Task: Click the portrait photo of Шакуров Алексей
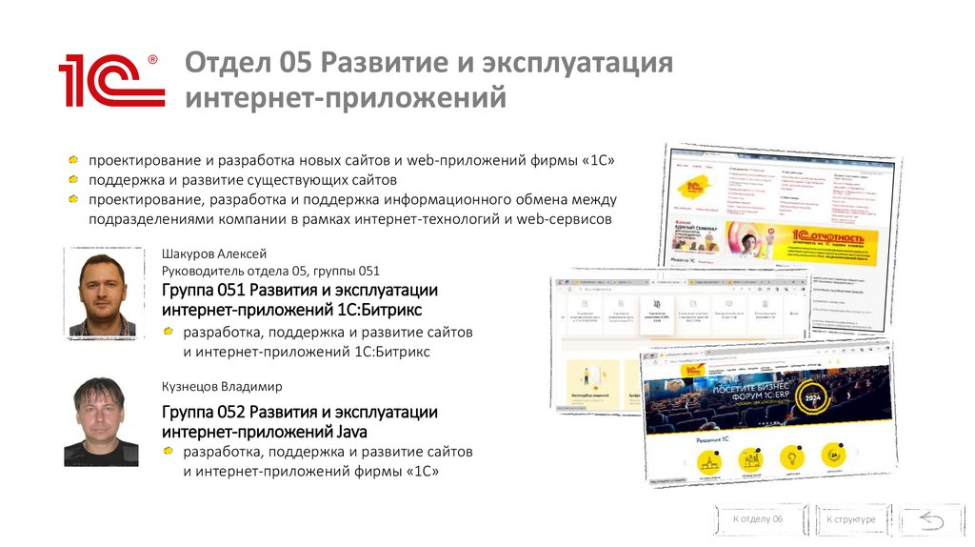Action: click(x=102, y=291)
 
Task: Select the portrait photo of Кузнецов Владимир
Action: click(x=102, y=420)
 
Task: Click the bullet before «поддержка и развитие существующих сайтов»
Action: click(x=74, y=179)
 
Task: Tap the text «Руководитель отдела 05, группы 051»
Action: click(x=271, y=272)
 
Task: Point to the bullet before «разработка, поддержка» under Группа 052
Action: click(x=168, y=451)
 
